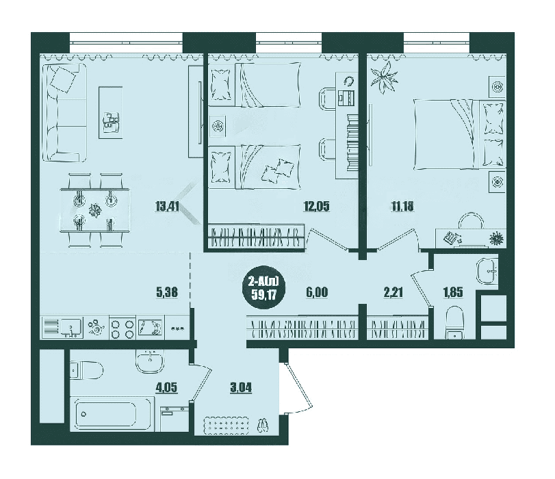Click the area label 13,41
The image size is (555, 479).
tap(167, 206)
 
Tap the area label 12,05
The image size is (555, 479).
tap(316, 206)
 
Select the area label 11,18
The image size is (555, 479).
tap(402, 206)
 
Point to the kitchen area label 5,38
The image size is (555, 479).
tap(167, 292)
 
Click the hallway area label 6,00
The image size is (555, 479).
tap(316, 292)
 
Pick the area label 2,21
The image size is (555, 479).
tap(393, 292)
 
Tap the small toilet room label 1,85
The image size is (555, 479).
tap(453, 292)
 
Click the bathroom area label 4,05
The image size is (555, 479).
tap(166, 387)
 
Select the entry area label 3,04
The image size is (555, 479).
tap(241, 387)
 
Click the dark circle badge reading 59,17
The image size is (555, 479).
tap(263, 288)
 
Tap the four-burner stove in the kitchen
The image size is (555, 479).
tap(122, 328)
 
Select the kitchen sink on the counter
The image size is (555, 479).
tap(62, 328)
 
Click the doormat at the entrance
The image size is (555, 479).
tap(227, 426)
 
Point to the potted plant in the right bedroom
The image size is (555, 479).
tap(383, 77)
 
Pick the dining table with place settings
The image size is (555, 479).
tap(95, 210)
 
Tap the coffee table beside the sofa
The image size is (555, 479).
tap(111, 113)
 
